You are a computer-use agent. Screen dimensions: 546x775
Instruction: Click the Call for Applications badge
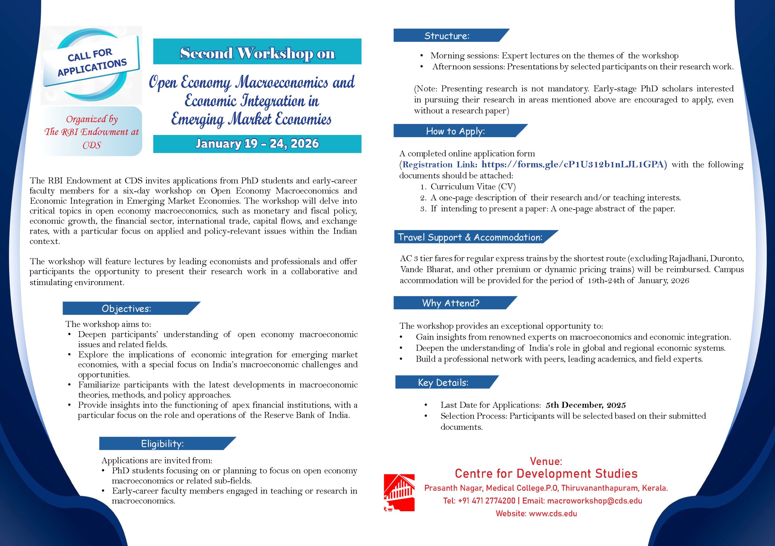(91, 63)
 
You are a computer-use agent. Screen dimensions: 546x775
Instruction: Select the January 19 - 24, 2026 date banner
(257, 144)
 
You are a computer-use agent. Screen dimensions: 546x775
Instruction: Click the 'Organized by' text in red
(92, 119)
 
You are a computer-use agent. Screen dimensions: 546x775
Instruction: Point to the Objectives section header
(127, 308)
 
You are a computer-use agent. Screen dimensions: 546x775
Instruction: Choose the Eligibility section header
(162, 443)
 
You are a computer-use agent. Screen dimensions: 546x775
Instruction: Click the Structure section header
(447, 36)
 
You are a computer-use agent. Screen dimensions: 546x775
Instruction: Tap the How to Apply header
(455, 131)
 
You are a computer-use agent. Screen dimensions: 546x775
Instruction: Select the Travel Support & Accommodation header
(470, 237)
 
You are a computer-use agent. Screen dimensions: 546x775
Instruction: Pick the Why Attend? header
(451, 303)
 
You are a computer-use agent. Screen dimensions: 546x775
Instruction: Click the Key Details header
(443, 382)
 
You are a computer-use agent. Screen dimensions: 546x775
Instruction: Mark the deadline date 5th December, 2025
(585, 405)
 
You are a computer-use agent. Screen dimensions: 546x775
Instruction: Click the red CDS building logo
(399, 492)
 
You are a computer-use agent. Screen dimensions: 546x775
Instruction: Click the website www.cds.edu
(553, 514)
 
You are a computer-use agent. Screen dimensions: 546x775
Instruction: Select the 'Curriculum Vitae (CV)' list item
(473, 187)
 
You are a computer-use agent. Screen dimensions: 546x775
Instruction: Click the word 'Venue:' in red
(546, 461)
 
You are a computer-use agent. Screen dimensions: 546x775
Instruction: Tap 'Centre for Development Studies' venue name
(546, 474)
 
